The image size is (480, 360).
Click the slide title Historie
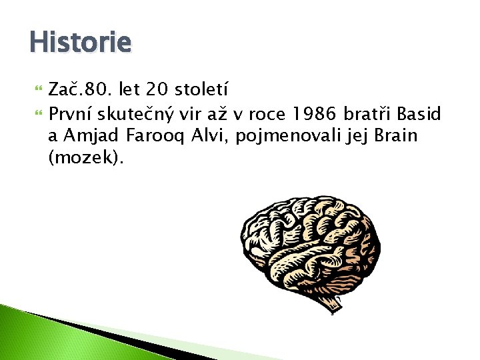point(80,43)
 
